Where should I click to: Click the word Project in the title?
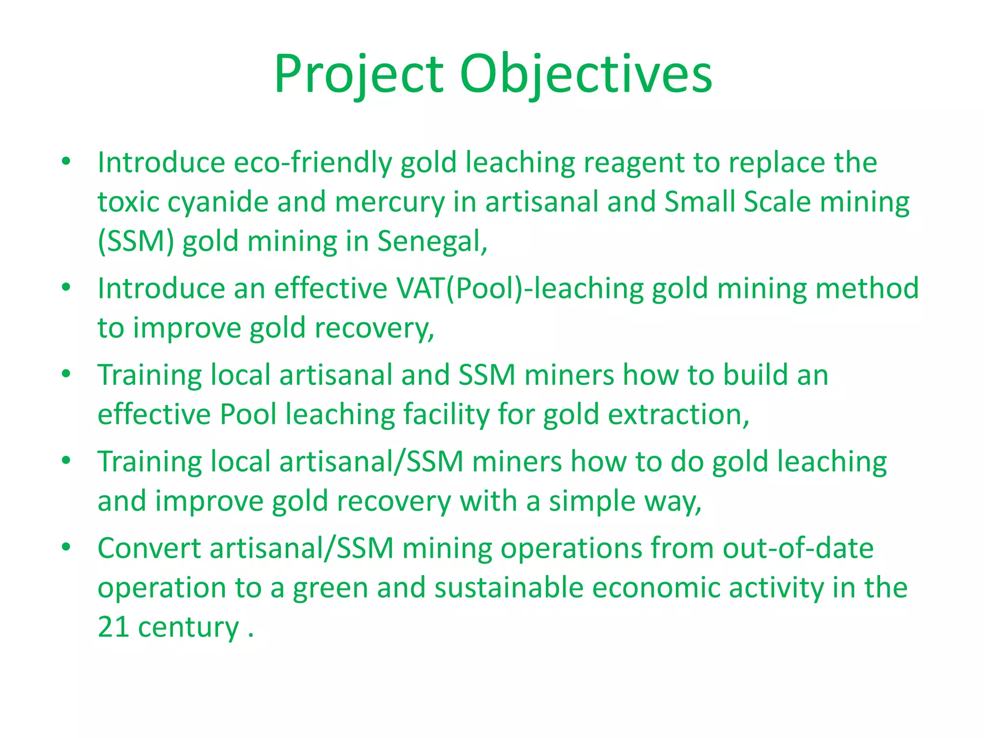359,74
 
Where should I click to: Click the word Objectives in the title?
586,74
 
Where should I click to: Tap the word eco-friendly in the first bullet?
313,162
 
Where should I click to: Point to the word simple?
592,501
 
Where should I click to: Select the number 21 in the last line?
113,627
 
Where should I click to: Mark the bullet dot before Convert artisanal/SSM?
66,547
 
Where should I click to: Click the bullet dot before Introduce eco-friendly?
66,161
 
